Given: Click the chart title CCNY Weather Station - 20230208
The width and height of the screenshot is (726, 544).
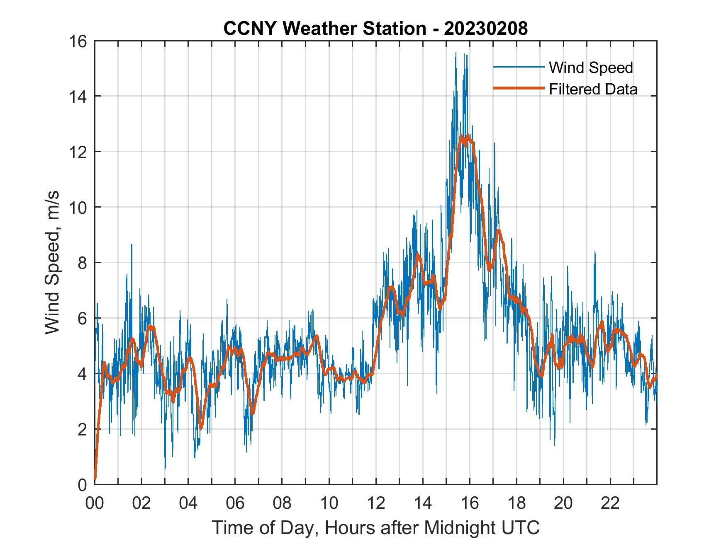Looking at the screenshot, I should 375,29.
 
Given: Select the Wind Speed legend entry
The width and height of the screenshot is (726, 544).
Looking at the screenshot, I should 591,68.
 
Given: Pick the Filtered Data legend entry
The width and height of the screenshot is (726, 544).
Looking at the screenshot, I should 593,89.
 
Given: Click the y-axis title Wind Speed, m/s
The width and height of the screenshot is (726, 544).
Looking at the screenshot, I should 53,262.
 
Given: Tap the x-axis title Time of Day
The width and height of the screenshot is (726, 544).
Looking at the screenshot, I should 375,527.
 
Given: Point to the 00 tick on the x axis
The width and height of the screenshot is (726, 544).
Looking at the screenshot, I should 95,503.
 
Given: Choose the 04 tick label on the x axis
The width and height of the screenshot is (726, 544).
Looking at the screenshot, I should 188,503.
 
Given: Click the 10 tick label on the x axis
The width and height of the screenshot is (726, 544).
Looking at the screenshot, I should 329,503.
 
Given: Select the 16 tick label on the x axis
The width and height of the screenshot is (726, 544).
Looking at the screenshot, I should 470,503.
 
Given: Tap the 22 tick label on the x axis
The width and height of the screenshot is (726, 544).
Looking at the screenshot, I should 610,503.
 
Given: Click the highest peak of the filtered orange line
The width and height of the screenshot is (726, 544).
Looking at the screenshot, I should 468,135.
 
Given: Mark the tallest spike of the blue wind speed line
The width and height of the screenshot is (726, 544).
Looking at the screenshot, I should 456,53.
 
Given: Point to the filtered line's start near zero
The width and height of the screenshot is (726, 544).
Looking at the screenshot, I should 95,479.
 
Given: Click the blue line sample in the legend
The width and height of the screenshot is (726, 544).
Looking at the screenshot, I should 519,68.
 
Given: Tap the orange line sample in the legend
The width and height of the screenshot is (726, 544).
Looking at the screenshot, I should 519,88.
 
